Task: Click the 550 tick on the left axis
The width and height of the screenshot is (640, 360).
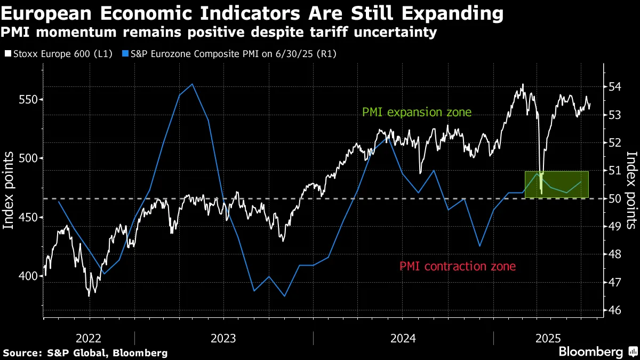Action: pyautogui.click(x=28, y=100)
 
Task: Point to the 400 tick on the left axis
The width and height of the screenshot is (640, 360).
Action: pyautogui.click(x=28, y=276)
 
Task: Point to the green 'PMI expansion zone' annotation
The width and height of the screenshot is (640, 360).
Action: pyautogui.click(x=417, y=113)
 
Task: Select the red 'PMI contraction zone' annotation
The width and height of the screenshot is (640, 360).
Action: pyautogui.click(x=458, y=266)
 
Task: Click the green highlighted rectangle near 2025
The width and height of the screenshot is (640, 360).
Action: pyautogui.click(x=556, y=185)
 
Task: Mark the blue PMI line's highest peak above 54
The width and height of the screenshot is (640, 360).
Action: pyautogui.click(x=192, y=84)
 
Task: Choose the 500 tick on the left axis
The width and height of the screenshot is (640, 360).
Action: pyautogui.click(x=28, y=158)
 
